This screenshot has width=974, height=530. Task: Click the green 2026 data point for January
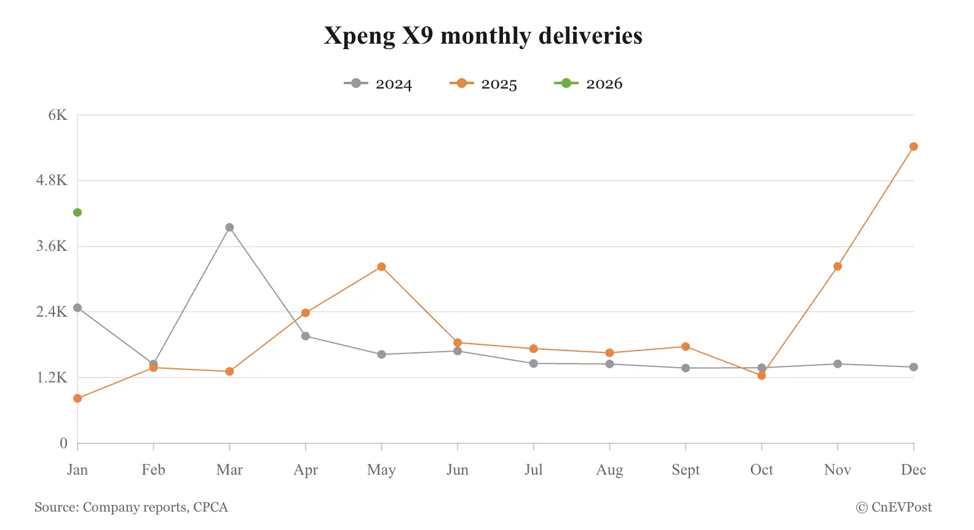click(x=77, y=213)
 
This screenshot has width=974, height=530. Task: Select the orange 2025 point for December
click(x=913, y=147)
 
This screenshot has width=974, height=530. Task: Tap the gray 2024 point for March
click(x=229, y=227)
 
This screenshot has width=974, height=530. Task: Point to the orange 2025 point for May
click(x=381, y=267)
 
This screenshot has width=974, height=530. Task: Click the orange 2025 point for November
click(x=837, y=266)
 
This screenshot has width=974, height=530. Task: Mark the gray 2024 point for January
click(x=77, y=308)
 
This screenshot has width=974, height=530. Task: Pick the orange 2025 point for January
click(x=77, y=398)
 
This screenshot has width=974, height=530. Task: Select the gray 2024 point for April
click(x=306, y=336)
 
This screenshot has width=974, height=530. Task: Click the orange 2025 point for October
click(x=761, y=376)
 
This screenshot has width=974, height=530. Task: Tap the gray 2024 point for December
click(x=913, y=367)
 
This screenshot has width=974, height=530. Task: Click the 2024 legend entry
click(x=378, y=84)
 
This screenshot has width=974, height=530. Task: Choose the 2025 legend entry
click(x=484, y=84)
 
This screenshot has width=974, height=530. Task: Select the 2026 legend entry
click(x=589, y=84)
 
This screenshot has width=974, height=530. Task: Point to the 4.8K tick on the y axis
click(x=52, y=181)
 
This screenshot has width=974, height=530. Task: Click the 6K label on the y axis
click(x=58, y=115)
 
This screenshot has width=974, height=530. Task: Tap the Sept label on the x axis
click(x=686, y=470)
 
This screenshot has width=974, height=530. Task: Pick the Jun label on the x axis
click(x=457, y=470)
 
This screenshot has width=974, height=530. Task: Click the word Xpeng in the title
click(x=359, y=36)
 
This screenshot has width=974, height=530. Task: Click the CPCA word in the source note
click(x=210, y=507)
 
